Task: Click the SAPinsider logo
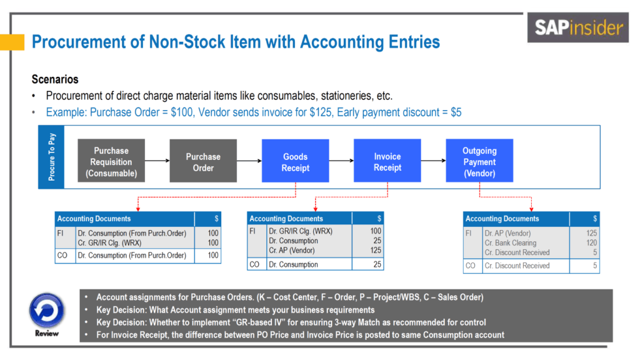[579, 27]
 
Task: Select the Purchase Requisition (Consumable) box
[111, 162]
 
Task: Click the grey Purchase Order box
[203, 162]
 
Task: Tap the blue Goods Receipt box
[295, 162]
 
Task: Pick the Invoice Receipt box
[387, 162]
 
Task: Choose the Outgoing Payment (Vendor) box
[479, 162]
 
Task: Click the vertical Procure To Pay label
[52, 157]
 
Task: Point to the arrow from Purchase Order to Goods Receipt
[249, 161]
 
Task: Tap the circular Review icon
[46, 310]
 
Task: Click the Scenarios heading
[55, 80]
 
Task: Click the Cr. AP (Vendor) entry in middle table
[291, 251]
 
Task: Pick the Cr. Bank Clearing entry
[510, 243]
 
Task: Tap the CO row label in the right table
[471, 266]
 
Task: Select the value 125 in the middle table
[375, 251]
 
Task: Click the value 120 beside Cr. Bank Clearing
[591, 243]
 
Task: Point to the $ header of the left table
[216, 219]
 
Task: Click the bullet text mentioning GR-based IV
[291, 322]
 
